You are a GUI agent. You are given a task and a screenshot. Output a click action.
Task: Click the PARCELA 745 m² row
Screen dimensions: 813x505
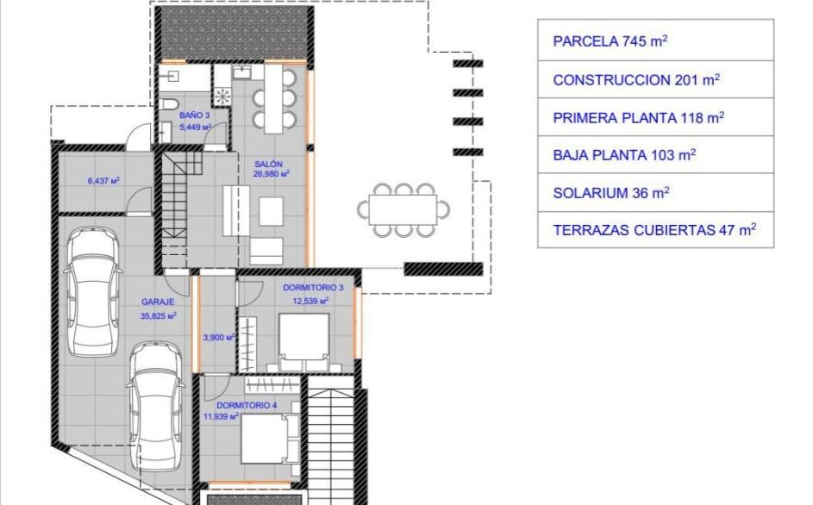(655, 41)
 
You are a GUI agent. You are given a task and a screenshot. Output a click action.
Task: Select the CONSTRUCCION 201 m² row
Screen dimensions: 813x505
(655, 80)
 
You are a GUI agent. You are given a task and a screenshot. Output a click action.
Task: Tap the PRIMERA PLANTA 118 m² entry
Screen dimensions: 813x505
(655, 118)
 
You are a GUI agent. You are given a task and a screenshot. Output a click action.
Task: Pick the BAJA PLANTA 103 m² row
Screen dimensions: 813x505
(655, 155)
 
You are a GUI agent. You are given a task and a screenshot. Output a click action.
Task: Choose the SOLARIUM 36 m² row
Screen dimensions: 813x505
(655, 193)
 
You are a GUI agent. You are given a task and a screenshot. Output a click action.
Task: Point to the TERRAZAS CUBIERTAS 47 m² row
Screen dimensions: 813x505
(655, 230)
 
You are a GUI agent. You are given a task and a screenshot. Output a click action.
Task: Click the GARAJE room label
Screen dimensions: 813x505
(158, 302)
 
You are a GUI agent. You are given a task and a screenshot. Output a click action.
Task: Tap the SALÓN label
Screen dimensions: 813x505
(269, 164)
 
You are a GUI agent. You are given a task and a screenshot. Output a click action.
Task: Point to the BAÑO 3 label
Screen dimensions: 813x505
(195, 115)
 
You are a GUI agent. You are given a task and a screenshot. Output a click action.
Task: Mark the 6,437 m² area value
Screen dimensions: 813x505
(103, 181)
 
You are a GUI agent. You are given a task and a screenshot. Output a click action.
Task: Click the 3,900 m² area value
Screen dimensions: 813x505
(219, 338)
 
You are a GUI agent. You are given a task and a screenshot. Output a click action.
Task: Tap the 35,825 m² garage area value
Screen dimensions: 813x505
(158, 315)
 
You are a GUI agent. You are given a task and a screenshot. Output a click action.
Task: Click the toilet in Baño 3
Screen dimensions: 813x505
(168, 103)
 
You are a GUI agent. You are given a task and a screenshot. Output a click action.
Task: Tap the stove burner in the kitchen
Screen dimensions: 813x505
(223, 96)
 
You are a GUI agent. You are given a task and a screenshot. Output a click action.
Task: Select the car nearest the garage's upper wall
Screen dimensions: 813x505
(93, 292)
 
